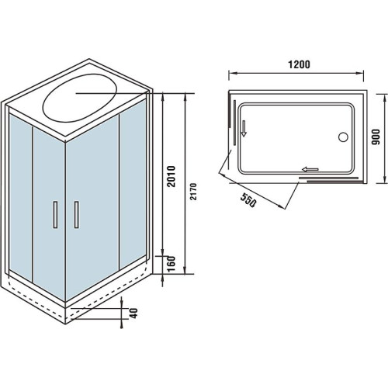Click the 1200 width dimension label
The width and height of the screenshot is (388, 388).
pyautogui.click(x=299, y=64)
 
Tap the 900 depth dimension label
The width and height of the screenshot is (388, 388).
pyautogui.click(x=376, y=137)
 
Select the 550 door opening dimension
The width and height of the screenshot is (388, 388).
pyautogui.click(x=248, y=200)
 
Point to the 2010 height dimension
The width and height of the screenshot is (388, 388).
pyautogui.click(x=171, y=176)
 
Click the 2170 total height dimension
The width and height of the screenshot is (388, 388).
pyautogui.click(x=194, y=192)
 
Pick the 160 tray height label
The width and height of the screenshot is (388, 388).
pyautogui.click(x=171, y=264)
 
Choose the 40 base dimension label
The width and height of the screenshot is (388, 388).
pyautogui.click(x=133, y=314)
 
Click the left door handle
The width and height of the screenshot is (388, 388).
pyautogui.click(x=55, y=215)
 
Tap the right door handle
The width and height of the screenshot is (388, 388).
pyautogui.click(x=77, y=215)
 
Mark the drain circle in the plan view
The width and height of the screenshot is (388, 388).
pyautogui.click(x=343, y=137)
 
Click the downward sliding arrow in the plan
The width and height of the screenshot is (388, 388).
pyautogui.click(x=244, y=128)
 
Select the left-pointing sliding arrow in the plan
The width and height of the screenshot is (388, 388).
pyautogui.click(x=310, y=169)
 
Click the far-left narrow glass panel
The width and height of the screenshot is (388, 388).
pyautogui.click(x=21, y=197)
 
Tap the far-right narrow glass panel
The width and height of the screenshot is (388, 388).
pyautogui.click(x=133, y=184)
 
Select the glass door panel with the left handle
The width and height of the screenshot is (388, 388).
pyautogui.click(x=49, y=214)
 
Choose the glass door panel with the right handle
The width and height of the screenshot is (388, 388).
pyautogui.click(x=92, y=208)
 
